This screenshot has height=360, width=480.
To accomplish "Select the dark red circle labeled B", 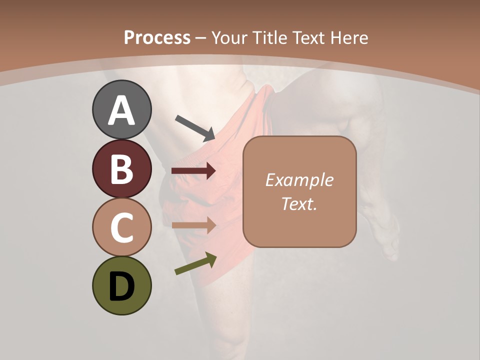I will [121, 168].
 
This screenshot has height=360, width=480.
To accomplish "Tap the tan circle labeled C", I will [121, 227].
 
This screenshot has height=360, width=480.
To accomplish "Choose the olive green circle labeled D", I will [121, 285].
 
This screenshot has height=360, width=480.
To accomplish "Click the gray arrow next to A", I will [195, 127].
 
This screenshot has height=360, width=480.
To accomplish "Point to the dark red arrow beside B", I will [194, 171].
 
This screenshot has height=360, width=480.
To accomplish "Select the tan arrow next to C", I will [194, 225].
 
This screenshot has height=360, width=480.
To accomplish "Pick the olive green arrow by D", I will [195, 263].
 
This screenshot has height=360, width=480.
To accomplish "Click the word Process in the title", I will [157, 38].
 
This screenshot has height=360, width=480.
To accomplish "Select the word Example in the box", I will [299, 180].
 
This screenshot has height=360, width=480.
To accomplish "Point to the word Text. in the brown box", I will [299, 203].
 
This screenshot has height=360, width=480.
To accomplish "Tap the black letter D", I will [121, 287].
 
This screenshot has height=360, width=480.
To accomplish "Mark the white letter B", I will [121, 169].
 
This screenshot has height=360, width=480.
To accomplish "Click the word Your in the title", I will [231, 38].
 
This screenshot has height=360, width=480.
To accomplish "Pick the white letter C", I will [121, 228].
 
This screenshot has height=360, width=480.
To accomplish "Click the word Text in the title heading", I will [309, 38].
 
